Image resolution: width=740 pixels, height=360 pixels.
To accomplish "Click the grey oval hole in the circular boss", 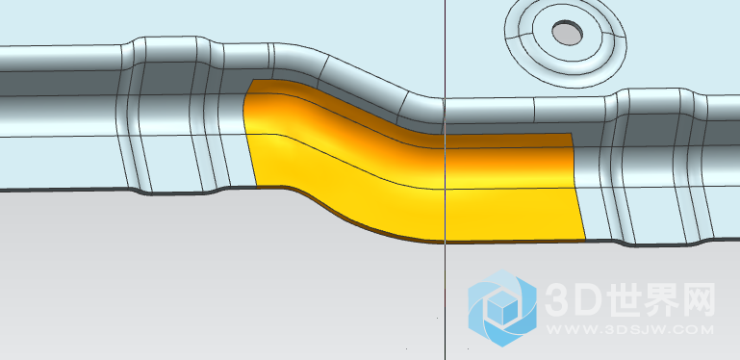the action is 567,33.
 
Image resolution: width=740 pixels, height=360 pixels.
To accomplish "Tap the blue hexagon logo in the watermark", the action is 502,308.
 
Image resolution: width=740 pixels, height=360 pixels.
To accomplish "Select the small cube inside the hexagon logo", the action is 501,307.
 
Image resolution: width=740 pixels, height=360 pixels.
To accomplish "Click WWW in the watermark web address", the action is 567,329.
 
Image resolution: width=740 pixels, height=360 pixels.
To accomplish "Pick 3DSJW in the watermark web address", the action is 628,329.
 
